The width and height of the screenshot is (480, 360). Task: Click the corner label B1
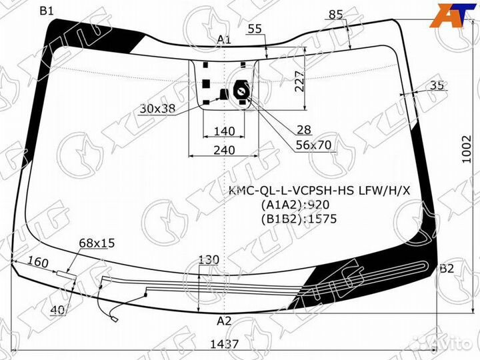pyautogui.click(x=48, y=11)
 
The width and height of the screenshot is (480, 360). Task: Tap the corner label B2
pyautogui.click(x=446, y=269)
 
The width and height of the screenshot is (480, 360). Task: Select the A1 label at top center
pyautogui.click(x=224, y=40)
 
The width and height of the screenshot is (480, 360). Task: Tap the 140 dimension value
pyautogui.click(x=225, y=130)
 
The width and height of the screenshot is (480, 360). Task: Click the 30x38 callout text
pyautogui.click(x=157, y=109)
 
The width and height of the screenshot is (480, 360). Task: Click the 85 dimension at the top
pyautogui.click(x=336, y=14)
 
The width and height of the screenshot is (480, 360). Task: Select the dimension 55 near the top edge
pyautogui.click(x=255, y=28)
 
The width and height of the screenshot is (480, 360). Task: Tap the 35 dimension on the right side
pyautogui.click(x=437, y=85)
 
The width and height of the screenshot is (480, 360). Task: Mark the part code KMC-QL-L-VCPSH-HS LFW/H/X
pyautogui.click(x=320, y=192)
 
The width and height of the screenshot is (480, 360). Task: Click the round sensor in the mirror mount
pyautogui.click(x=239, y=92)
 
